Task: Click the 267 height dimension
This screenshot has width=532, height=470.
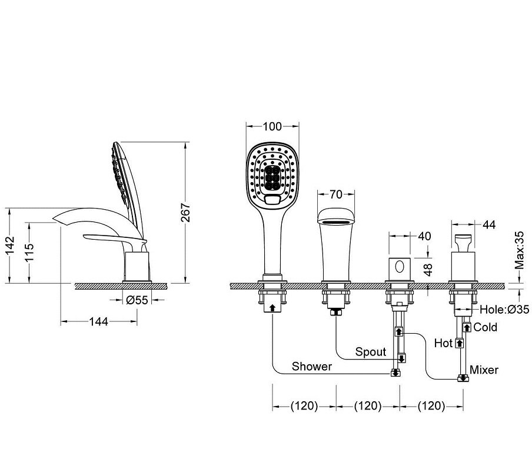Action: pyautogui.click(x=185, y=212)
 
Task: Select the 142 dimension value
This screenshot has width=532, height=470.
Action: pyautogui.click(x=10, y=245)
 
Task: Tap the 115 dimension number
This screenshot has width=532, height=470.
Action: pyautogui.click(x=29, y=252)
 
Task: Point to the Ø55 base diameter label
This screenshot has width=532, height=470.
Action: pyautogui.click(x=137, y=300)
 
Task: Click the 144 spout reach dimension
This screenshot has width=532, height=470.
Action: pyautogui.click(x=98, y=321)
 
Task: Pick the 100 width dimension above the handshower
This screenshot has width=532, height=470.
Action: pyautogui.click(x=272, y=126)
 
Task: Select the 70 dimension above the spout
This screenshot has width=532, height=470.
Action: pyautogui.click(x=335, y=194)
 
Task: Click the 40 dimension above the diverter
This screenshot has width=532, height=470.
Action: pyautogui.click(x=424, y=236)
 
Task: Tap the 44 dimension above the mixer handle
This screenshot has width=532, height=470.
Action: pyautogui.click(x=489, y=224)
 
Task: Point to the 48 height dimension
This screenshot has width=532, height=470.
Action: pyautogui.click(x=428, y=270)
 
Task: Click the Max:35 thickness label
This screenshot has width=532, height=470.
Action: pyautogui.click(x=519, y=250)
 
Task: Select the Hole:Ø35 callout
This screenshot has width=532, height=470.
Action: pyautogui.click(x=504, y=309)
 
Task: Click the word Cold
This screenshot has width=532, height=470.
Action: pyautogui.click(x=485, y=327)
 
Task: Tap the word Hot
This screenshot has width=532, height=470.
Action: pyautogui.click(x=444, y=343)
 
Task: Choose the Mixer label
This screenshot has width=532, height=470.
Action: pyautogui.click(x=484, y=370)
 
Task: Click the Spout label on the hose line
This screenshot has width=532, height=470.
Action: pyautogui.click(x=371, y=352)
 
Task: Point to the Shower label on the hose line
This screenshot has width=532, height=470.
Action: pyautogui.click(x=312, y=367)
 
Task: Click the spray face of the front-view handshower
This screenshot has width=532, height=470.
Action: pyautogui.click(x=272, y=174)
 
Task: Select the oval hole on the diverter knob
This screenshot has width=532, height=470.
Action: pyautogui.click(x=400, y=267)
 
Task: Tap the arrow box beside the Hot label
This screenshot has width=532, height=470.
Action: pyautogui.click(x=460, y=343)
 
